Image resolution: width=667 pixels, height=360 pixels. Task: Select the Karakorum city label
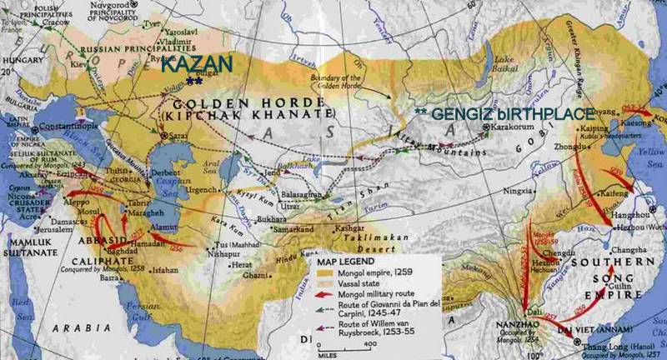pyautogui.click(x=514, y=128)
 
